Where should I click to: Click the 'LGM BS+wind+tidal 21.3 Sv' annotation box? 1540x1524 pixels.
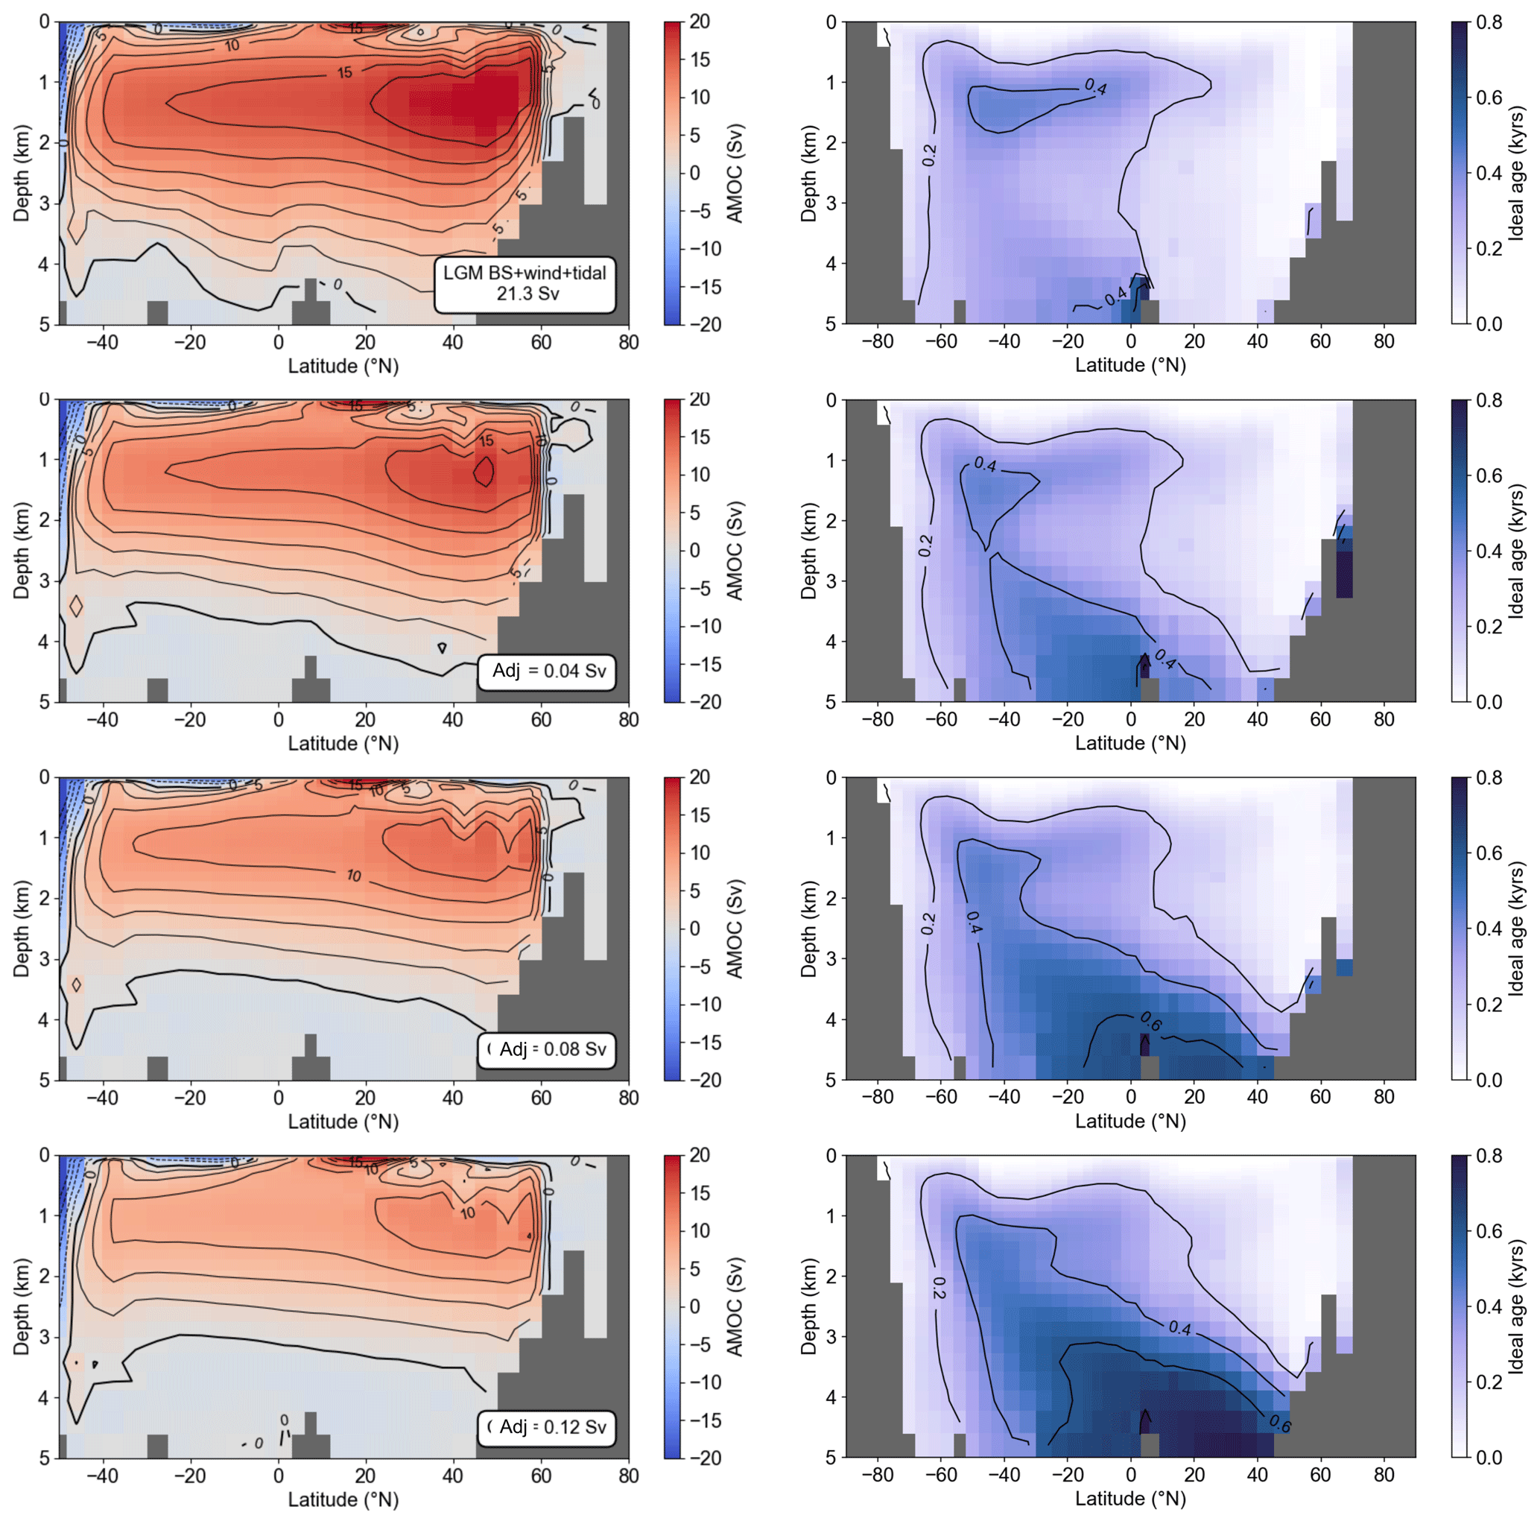point(525,284)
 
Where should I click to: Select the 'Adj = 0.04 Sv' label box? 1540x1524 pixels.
point(548,671)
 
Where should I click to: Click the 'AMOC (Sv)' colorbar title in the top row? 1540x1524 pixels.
point(735,173)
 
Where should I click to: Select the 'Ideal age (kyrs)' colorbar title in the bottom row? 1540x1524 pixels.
point(1516,1306)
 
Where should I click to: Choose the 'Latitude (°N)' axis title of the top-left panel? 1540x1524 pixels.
point(343,366)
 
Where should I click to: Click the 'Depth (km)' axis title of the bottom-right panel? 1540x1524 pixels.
point(808,1306)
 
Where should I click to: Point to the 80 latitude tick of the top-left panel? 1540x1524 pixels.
point(628,342)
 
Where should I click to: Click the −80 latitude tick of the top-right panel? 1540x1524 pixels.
point(877,341)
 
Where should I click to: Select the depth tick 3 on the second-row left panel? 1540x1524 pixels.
point(45,581)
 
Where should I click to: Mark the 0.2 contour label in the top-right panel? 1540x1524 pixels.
point(929,156)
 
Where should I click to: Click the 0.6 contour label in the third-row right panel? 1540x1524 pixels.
point(1150,1020)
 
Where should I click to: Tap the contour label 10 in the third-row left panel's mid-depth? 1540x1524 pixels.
point(354,876)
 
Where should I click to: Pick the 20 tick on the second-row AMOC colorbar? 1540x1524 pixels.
point(700,399)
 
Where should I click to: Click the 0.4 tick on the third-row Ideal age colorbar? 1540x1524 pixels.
point(1489,929)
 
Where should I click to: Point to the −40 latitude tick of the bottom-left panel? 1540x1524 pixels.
point(102,1476)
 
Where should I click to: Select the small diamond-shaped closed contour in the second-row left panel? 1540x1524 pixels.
point(76,606)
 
